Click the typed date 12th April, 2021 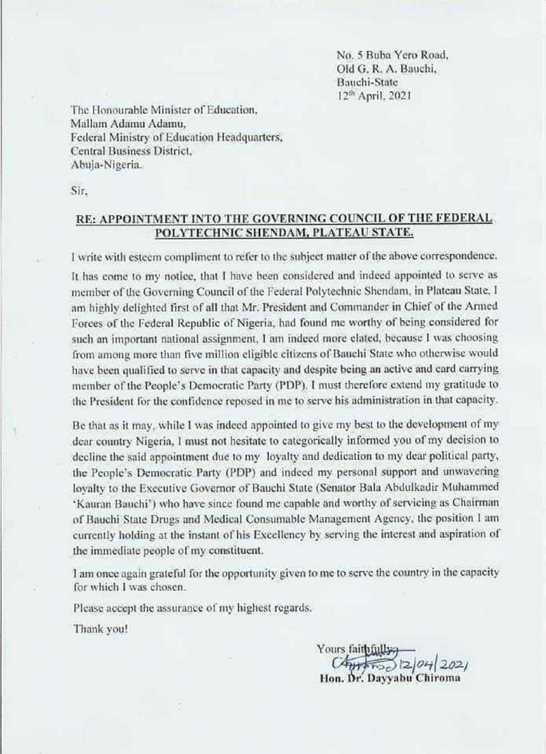[x=373, y=96]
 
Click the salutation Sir [x=79, y=192]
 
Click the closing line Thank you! [x=100, y=629]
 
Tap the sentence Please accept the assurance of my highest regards [x=192, y=608]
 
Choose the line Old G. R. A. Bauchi [x=387, y=69]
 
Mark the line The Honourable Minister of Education [x=164, y=110]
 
